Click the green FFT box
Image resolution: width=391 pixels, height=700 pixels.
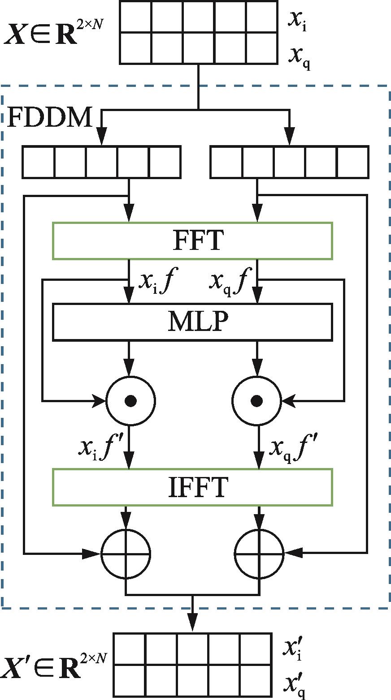[x=192, y=240]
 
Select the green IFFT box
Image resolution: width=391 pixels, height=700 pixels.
[x=192, y=487]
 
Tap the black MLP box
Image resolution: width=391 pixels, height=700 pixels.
[x=192, y=322]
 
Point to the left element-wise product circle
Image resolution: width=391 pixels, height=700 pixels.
[x=130, y=400]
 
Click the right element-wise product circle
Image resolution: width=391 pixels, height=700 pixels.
[x=257, y=400]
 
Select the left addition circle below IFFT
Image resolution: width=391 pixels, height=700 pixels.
[x=126, y=554]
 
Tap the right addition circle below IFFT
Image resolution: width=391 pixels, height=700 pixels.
[x=260, y=554]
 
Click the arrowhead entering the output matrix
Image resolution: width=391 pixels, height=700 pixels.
[x=193, y=625]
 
